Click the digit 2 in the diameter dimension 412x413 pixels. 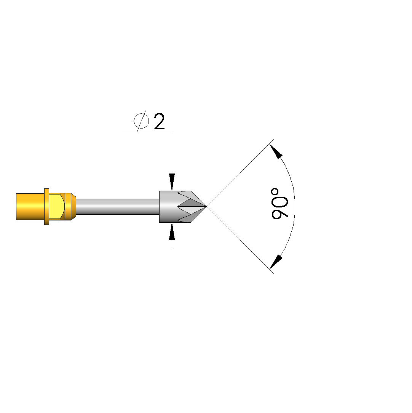point(159,121)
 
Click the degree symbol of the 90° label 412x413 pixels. point(275,192)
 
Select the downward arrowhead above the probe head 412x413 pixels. point(172,182)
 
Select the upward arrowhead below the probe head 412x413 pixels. point(172,231)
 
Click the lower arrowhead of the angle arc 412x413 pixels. point(276,262)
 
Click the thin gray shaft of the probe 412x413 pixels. point(118,207)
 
